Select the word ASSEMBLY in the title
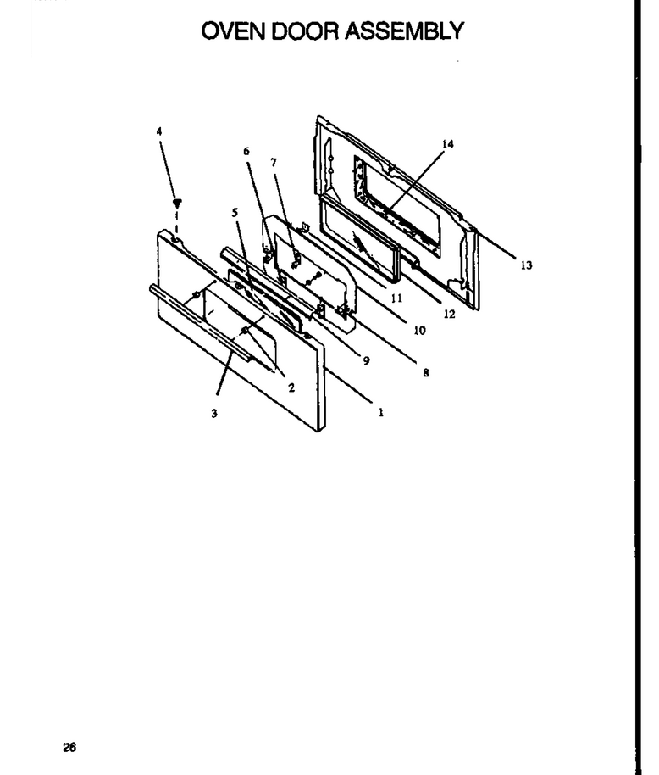[x=404, y=31]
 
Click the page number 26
[x=69, y=747]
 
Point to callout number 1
[x=381, y=412]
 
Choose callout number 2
[x=291, y=388]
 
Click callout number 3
[x=214, y=413]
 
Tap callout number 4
[x=159, y=131]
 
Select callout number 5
[x=235, y=213]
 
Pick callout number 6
[x=246, y=151]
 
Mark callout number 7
[x=274, y=162]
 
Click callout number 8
[x=426, y=373]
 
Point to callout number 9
[x=366, y=361]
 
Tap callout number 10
[x=419, y=330]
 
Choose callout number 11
[x=396, y=298]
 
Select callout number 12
[x=449, y=314]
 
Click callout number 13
[x=526, y=265]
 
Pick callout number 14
[x=448, y=144]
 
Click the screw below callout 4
[x=177, y=203]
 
